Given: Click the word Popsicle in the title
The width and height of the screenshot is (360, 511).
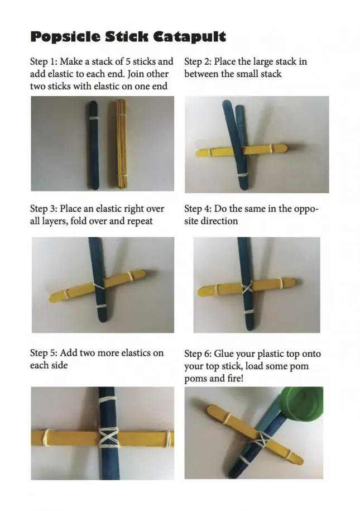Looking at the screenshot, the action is tap(65, 37).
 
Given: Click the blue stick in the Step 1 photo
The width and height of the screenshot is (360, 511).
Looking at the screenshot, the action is tap(93, 145).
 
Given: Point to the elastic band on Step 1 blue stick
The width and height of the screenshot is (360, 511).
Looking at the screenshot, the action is tap(94, 118).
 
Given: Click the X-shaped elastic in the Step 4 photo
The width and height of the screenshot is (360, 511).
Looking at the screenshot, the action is tap(247, 288).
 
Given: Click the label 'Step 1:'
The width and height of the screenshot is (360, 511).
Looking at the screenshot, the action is tap(44, 61).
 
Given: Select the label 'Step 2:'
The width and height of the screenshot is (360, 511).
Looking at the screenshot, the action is tap(198, 61).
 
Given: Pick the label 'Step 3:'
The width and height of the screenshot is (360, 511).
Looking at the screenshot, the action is tap(44, 208).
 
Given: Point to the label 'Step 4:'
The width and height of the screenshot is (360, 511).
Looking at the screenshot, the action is tap(198, 208).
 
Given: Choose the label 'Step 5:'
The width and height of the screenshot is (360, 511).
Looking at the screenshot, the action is tap(44, 353).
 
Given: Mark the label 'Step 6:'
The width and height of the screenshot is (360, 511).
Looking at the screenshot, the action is tap(198, 354).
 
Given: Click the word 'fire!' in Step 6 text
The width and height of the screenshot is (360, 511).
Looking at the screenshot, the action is tap(234, 379).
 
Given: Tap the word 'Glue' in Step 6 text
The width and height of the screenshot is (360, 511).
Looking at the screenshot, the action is tap(223, 354).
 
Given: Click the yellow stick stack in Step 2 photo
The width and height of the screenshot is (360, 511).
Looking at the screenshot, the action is tap(242, 150).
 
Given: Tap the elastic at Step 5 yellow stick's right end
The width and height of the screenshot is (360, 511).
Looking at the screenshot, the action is tap(169, 438).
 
